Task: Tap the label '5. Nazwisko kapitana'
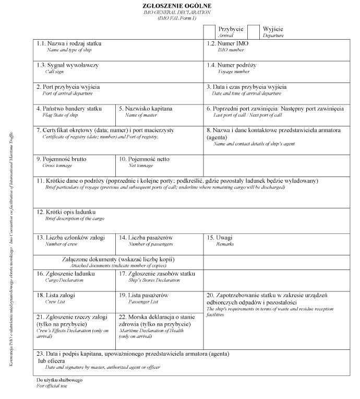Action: click(145, 109)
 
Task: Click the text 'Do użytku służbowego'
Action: click(59, 380)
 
